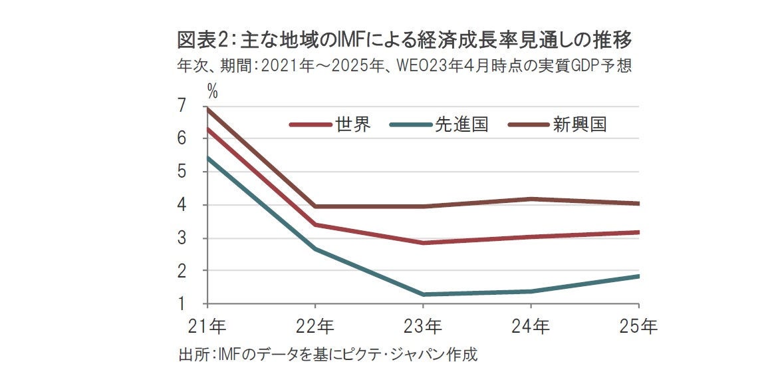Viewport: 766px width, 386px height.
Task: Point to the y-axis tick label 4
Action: click(x=182, y=205)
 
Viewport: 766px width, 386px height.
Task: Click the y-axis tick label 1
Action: click(x=182, y=304)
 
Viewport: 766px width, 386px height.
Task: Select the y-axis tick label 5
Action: click(x=182, y=172)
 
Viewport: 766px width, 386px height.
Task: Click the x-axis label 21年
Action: click(x=207, y=327)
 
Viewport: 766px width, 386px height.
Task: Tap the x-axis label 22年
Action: click(x=315, y=327)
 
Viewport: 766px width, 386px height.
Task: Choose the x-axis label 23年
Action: click(x=423, y=327)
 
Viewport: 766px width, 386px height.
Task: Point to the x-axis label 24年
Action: click(x=531, y=327)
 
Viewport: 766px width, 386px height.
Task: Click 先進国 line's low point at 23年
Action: click(x=423, y=294)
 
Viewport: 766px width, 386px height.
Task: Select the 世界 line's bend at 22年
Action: click(x=315, y=225)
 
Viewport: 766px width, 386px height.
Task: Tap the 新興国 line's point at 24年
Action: click(x=531, y=199)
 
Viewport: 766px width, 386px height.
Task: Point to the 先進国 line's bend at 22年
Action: click(x=315, y=249)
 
